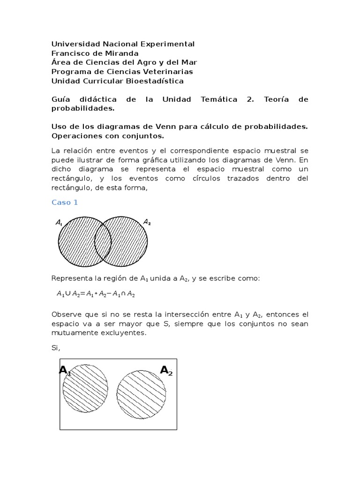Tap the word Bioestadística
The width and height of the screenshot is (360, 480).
(153, 81)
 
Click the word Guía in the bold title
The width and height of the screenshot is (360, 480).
(61, 99)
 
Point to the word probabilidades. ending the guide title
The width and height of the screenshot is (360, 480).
(82, 108)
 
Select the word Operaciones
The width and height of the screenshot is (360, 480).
(77, 136)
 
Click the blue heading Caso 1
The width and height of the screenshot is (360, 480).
(64, 202)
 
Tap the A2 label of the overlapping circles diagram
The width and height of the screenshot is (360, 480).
(147, 222)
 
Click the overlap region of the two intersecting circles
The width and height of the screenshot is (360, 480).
(103, 241)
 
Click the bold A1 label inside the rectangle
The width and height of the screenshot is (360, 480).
(65, 371)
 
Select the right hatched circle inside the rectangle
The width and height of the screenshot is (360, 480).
(141, 391)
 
